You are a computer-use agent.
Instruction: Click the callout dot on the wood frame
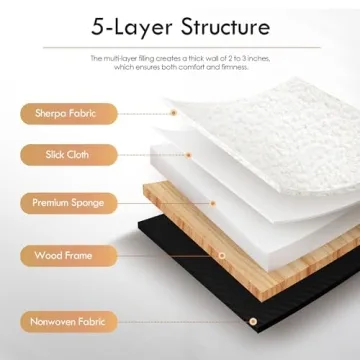(x=222, y=254)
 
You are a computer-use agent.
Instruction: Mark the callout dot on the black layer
(x=253, y=322)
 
